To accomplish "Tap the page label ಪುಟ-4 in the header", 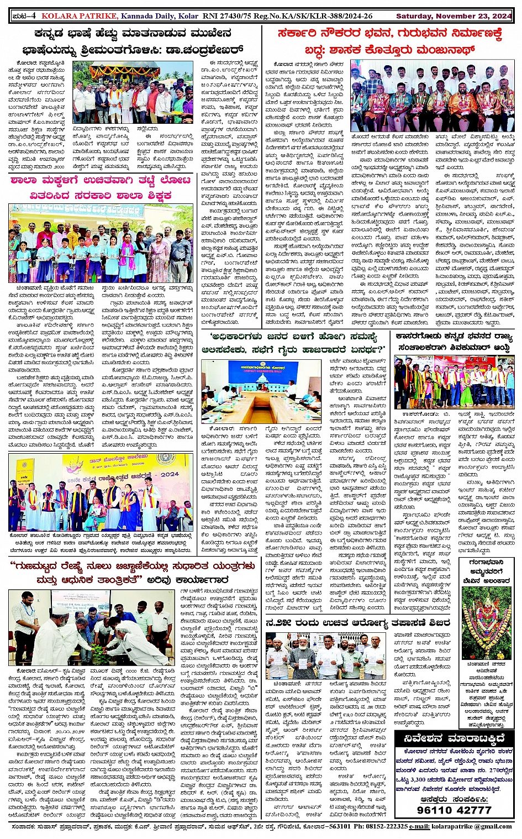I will click(24, 16).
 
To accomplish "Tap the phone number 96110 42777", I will click(454, 810).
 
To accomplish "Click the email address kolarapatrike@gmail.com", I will click(475, 826).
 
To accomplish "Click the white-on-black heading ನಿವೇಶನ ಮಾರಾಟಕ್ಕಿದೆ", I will click(454, 739).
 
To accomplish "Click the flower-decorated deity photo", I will click(486, 623).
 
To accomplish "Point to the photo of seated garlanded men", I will click(432, 96).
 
